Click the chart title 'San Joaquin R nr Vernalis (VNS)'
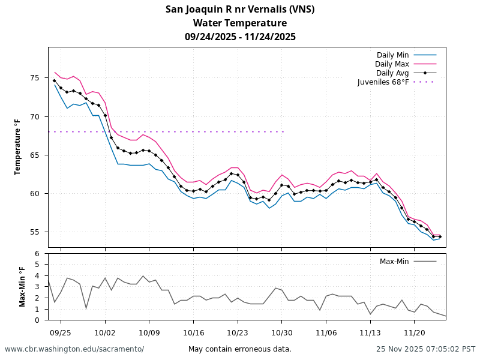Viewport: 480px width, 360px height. (240, 9)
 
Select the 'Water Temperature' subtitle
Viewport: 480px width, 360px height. (240, 23)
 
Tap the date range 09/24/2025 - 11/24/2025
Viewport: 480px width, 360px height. (240, 37)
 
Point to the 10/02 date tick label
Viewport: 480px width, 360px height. (105, 332)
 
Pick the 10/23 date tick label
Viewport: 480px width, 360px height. (238, 332)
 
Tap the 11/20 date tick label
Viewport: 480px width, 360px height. (415, 332)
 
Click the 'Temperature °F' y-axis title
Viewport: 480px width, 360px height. (18, 147)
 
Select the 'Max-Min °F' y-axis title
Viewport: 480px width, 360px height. (22, 286)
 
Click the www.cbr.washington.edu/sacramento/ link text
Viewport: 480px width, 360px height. (74, 349)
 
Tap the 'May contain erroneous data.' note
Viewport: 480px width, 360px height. (240, 349)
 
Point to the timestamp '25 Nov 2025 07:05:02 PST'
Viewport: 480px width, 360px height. (425, 349)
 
